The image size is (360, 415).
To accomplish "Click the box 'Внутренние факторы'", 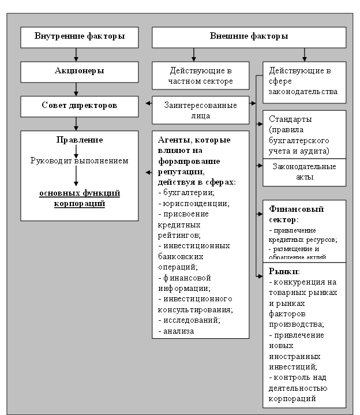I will click(x=80, y=37).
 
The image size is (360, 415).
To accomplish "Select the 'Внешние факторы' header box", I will click(x=249, y=37).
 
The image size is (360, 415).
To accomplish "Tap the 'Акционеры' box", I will click(x=80, y=72).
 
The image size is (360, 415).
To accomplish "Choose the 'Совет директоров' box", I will click(x=80, y=106).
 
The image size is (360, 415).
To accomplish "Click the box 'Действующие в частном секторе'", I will click(x=200, y=76).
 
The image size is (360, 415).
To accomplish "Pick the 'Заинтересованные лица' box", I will click(x=200, y=110).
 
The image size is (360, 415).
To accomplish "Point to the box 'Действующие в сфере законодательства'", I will click(x=304, y=81).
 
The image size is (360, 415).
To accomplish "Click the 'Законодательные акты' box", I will click(x=304, y=172).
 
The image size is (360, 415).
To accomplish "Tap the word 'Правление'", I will click(x=80, y=140).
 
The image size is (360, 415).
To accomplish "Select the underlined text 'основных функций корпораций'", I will click(x=80, y=198).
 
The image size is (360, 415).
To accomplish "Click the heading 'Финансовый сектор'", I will click(x=296, y=214).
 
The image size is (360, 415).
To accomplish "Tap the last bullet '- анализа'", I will click(x=176, y=331).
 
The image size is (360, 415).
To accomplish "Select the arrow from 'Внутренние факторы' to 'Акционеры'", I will click(x=76, y=55).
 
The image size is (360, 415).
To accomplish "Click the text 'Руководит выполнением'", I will click(x=80, y=160).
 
